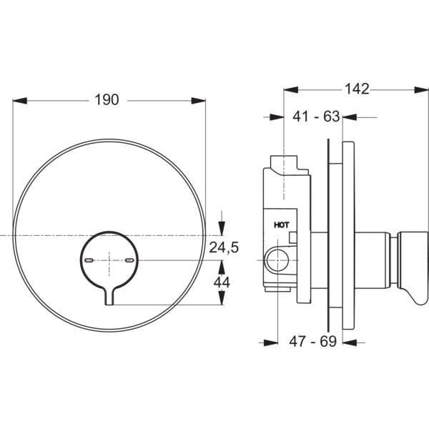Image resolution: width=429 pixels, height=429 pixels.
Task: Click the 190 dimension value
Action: (107, 100)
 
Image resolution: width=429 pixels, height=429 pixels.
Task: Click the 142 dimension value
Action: (356, 89)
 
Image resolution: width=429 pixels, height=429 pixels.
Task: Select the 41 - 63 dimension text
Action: (316, 117)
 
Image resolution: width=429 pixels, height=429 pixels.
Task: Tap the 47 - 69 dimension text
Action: (314, 342)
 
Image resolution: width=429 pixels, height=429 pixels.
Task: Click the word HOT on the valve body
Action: (282, 225)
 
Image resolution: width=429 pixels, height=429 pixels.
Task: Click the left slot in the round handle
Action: (89, 262)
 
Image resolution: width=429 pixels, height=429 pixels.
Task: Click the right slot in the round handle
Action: (129, 262)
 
